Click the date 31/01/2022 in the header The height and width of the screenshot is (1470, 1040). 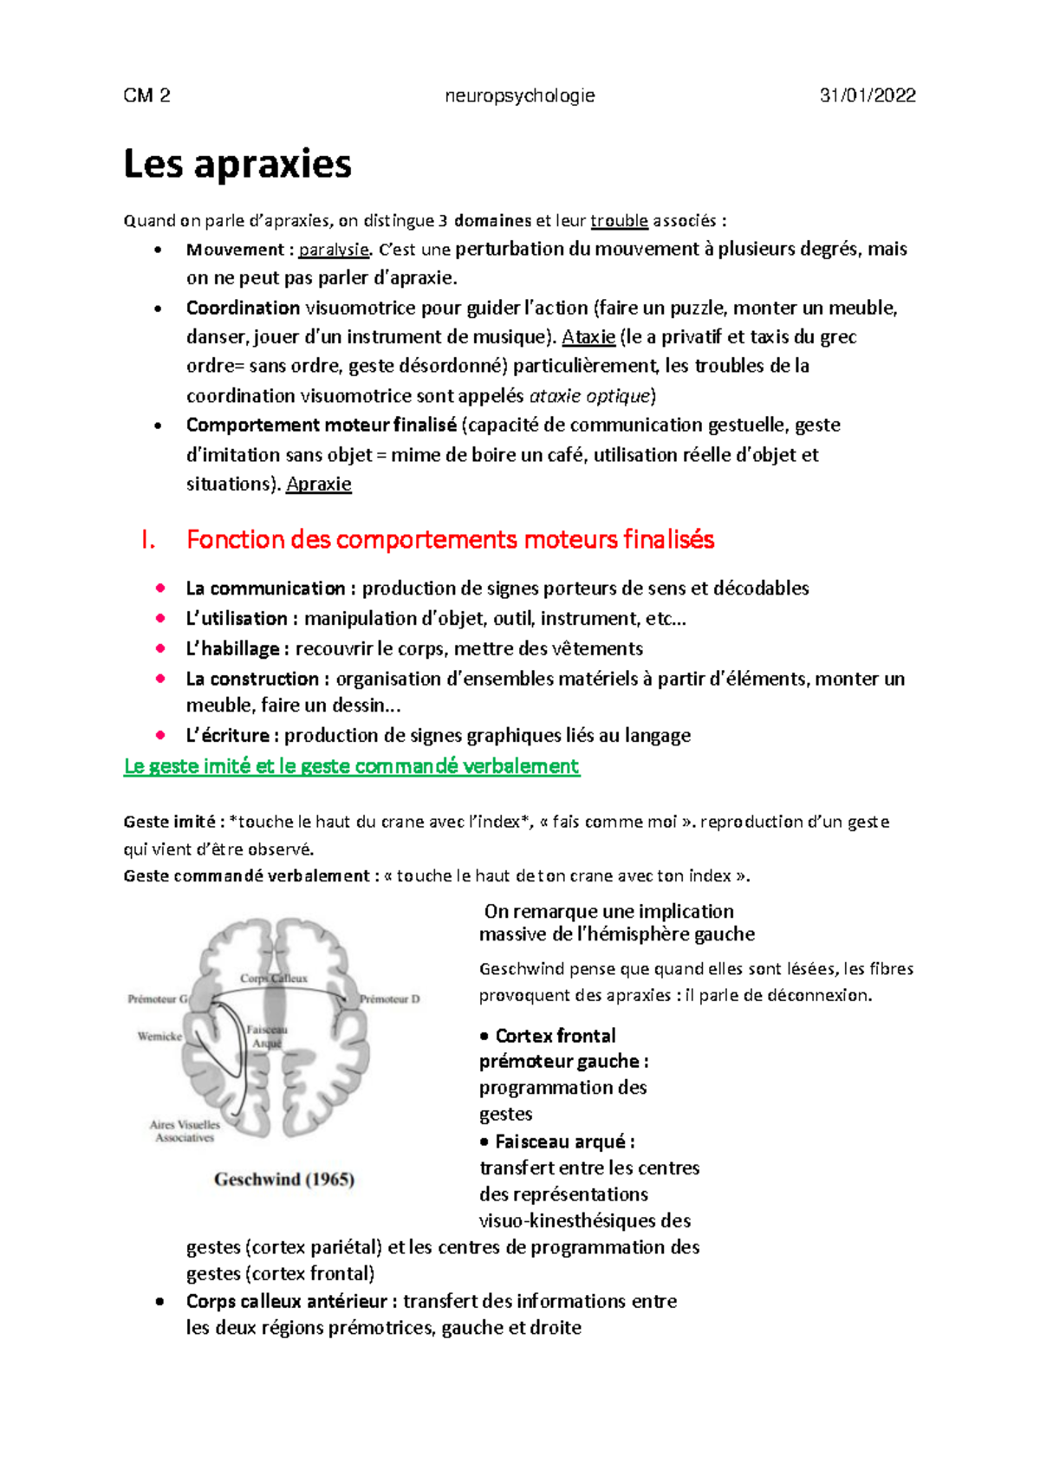coord(868,96)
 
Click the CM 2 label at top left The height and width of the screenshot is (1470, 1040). coord(146,96)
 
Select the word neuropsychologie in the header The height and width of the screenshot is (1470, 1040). coord(519,96)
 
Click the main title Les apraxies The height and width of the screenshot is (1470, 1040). coord(237,165)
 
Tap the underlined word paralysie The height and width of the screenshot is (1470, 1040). coord(334,250)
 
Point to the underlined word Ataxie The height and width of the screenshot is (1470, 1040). coord(588,337)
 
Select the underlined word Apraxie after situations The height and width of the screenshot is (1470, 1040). coord(318,485)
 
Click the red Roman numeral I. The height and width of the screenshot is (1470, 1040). coord(147,540)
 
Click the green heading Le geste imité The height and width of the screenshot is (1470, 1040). coord(351,766)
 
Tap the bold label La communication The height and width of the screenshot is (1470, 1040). coord(265,589)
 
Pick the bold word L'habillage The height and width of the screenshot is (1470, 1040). coord(232,649)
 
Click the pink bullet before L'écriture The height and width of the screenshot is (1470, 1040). coord(160,735)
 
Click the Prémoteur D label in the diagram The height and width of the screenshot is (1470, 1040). coord(390,999)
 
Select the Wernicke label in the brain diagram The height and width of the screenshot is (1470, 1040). coord(159,1037)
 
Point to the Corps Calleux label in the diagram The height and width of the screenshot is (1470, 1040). coord(274,979)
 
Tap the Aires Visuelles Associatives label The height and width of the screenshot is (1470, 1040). coord(185,1131)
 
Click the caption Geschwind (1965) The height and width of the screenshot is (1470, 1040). coord(284,1180)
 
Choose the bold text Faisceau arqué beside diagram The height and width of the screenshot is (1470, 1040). coord(559,1142)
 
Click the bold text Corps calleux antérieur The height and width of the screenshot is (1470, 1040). coord(286,1302)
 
